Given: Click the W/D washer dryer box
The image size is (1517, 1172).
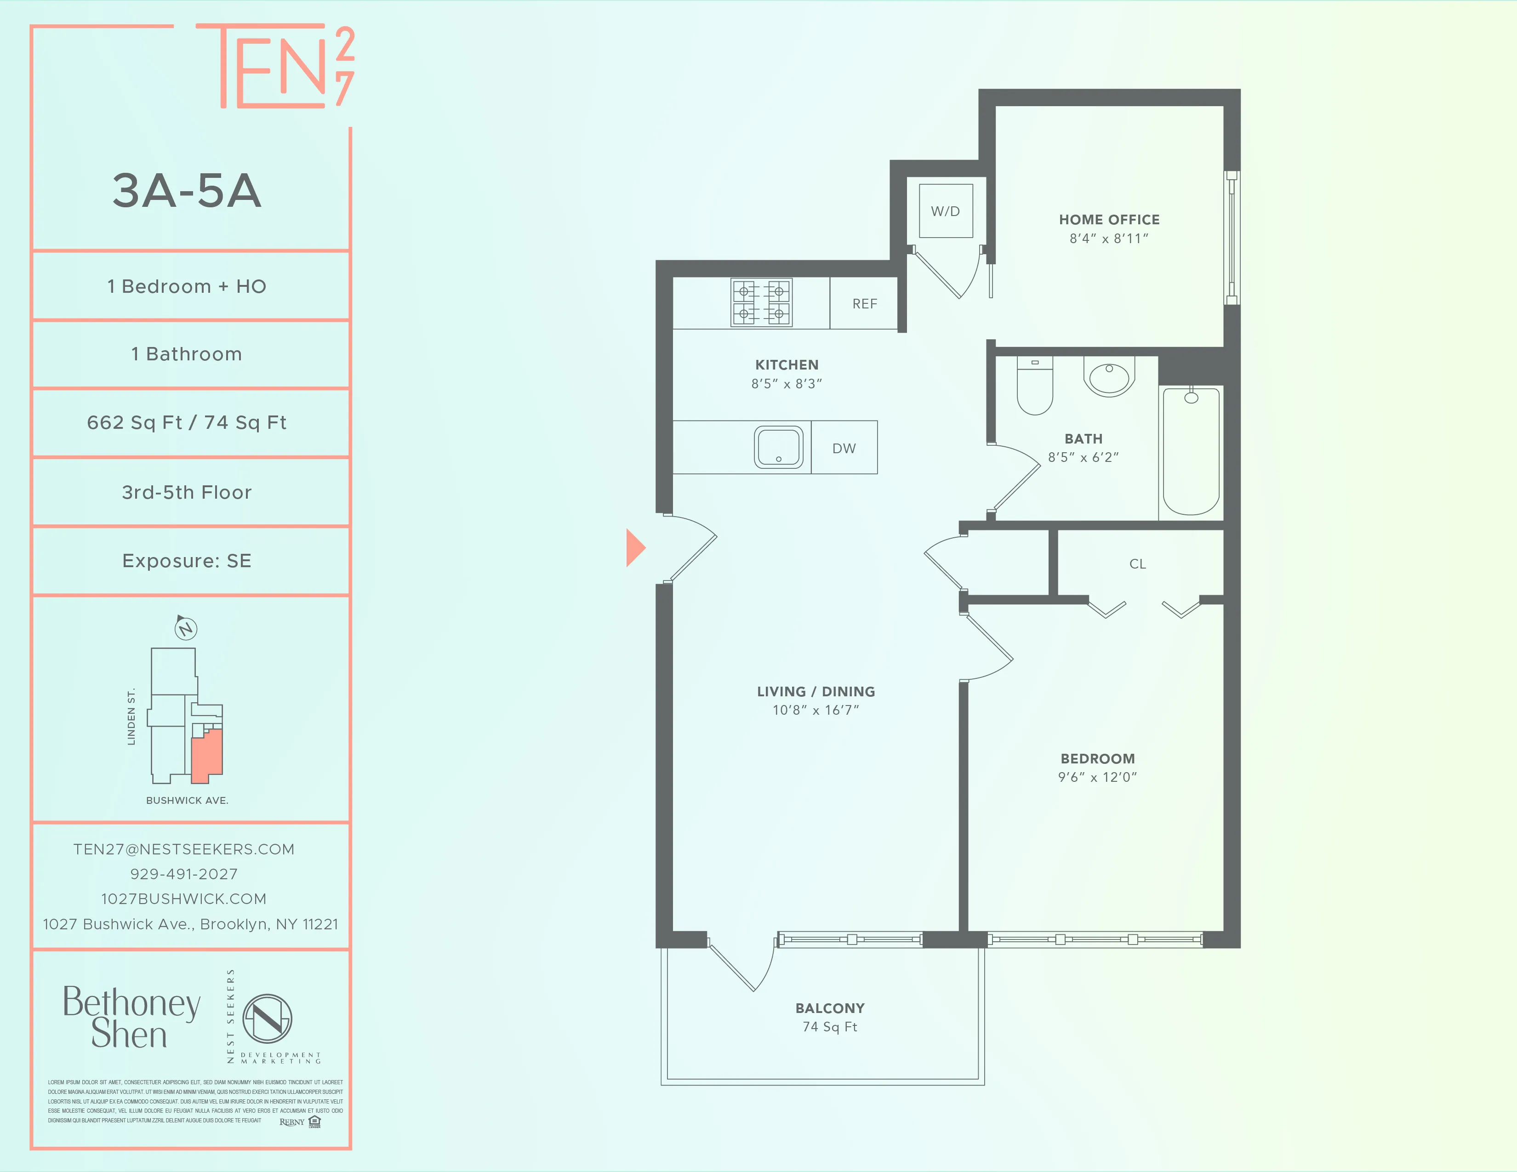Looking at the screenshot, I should [x=945, y=211].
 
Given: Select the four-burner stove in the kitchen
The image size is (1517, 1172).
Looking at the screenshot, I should [x=761, y=303].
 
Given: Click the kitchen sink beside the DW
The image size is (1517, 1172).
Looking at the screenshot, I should [x=779, y=447].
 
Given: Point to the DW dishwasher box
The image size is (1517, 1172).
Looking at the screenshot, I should [x=844, y=448].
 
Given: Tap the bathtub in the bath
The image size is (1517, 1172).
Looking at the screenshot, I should [x=1191, y=451].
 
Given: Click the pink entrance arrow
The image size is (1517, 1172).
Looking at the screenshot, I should [x=635, y=548].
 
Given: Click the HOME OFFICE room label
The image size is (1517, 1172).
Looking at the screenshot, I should [x=1109, y=219].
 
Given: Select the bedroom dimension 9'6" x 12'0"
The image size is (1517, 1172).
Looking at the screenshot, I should [x=1097, y=777].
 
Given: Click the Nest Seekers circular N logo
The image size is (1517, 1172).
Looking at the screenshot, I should [x=268, y=1018].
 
